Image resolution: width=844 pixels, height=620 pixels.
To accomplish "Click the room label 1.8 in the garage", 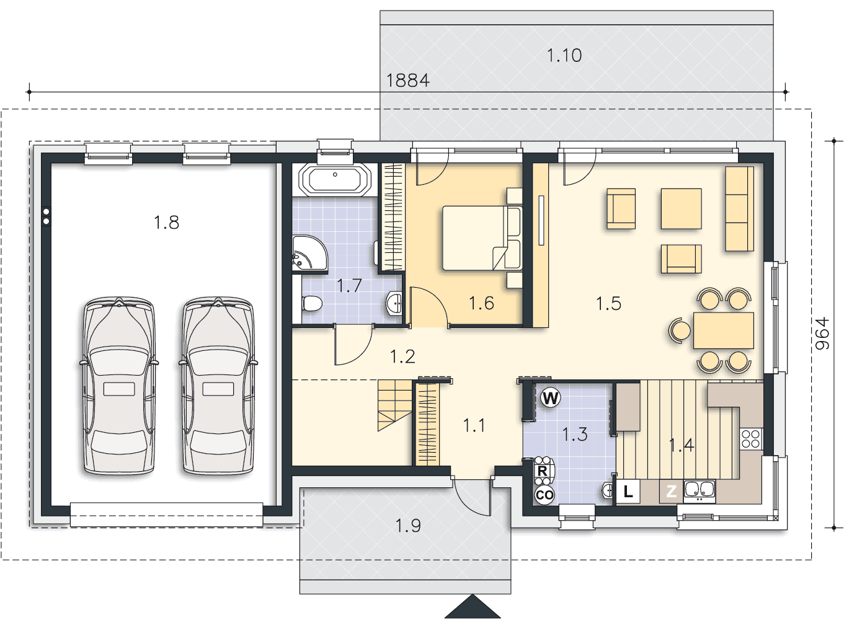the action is pyautogui.click(x=166, y=222).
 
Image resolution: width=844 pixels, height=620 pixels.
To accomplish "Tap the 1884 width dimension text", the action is pyautogui.click(x=408, y=81).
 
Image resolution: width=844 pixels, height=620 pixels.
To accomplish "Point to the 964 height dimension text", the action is pyautogui.click(x=822, y=334).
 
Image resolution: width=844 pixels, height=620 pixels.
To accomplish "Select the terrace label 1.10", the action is pyautogui.click(x=564, y=55).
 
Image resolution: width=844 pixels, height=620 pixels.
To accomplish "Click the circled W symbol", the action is pyautogui.click(x=551, y=398).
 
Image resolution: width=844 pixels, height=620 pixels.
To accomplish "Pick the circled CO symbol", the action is pyautogui.click(x=544, y=495).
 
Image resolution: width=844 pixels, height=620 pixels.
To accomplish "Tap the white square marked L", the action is pyautogui.click(x=628, y=491).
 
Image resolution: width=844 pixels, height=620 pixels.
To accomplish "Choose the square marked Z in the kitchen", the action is pyautogui.click(x=671, y=491).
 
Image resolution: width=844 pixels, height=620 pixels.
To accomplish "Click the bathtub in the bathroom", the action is pyautogui.click(x=335, y=179).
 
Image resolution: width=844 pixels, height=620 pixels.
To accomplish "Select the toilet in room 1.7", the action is pyautogui.click(x=311, y=303).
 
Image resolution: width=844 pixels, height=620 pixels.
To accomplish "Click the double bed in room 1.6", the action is pyautogui.click(x=482, y=238).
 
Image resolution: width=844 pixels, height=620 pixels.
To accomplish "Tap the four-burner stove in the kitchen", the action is pyautogui.click(x=751, y=439).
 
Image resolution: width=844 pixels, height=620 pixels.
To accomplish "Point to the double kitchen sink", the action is pyautogui.click(x=700, y=491).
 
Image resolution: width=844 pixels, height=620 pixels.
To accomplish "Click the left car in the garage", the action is pyautogui.click(x=119, y=385).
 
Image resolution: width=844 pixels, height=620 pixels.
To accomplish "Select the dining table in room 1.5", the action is pyautogui.click(x=724, y=330).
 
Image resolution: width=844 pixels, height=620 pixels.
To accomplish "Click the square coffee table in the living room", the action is pyautogui.click(x=682, y=209).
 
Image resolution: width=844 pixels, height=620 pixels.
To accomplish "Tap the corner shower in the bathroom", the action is pyautogui.click(x=309, y=253).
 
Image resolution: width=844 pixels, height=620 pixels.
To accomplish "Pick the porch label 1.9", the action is pyautogui.click(x=408, y=526).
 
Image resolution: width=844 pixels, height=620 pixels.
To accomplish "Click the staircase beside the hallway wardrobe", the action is pyautogui.click(x=394, y=405).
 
